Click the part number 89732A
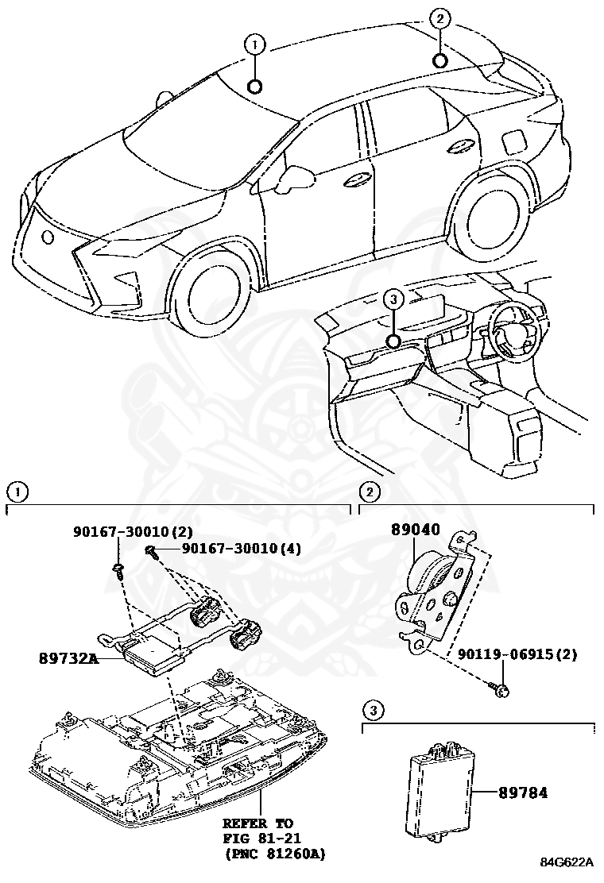point(68,658)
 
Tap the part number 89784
point(524,792)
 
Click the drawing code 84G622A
point(568,862)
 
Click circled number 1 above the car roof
point(255,46)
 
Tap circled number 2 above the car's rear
point(440,17)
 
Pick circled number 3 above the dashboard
point(393,299)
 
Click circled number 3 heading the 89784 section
point(374,708)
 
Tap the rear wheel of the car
point(490,216)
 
